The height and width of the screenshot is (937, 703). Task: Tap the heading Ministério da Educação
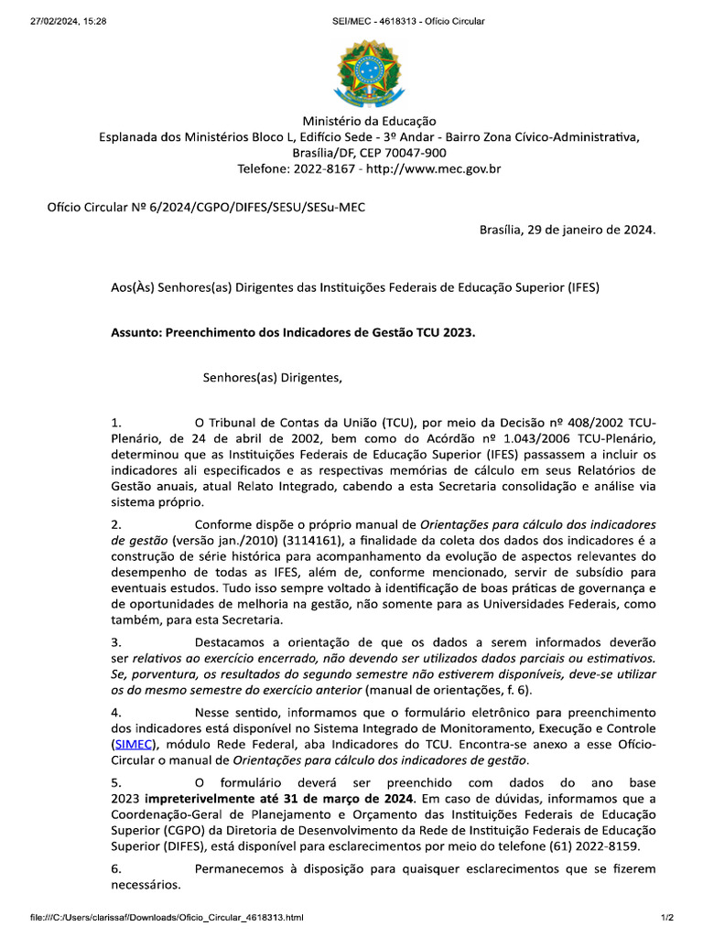tap(370, 121)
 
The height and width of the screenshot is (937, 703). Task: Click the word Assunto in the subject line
tap(135, 333)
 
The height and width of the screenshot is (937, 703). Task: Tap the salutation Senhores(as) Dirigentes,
tap(272, 375)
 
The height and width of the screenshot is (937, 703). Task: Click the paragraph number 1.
tap(115, 422)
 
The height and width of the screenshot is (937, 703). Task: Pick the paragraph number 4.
tap(115, 712)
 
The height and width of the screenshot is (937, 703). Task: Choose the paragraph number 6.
tap(115, 869)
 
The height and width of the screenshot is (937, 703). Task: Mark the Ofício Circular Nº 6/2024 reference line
tap(206, 207)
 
